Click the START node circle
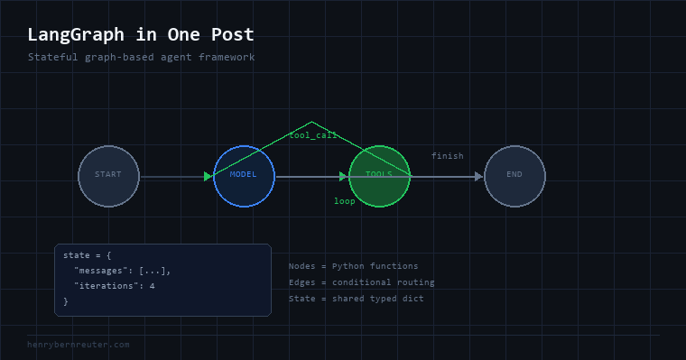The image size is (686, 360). [x=108, y=176]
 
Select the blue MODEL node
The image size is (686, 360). [x=244, y=176]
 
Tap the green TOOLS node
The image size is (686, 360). [x=379, y=176]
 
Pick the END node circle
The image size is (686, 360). [x=514, y=176]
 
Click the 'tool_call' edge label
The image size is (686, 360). [x=313, y=135]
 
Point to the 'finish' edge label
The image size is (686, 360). [x=447, y=156]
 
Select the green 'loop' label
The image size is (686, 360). [x=344, y=201]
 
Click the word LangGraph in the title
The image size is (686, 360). [x=76, y=35]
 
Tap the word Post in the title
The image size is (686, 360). [x=232, y=34]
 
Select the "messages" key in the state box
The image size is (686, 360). [x=100, y=271]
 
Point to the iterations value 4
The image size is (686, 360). [x=153, y=286]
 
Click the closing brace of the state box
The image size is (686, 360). [x=66, y=301]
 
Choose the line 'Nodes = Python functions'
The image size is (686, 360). [x=353, y=266]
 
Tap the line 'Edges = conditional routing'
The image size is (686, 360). [x=361, y=282]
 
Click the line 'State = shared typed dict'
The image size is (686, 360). [x=357, y=299]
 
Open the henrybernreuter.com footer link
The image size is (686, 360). [x=79, y=345]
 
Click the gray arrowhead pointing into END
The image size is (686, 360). [x=478, y=176]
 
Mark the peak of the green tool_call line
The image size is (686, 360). [x=311, y=122]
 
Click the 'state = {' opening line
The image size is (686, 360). [x=87, y=255]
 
